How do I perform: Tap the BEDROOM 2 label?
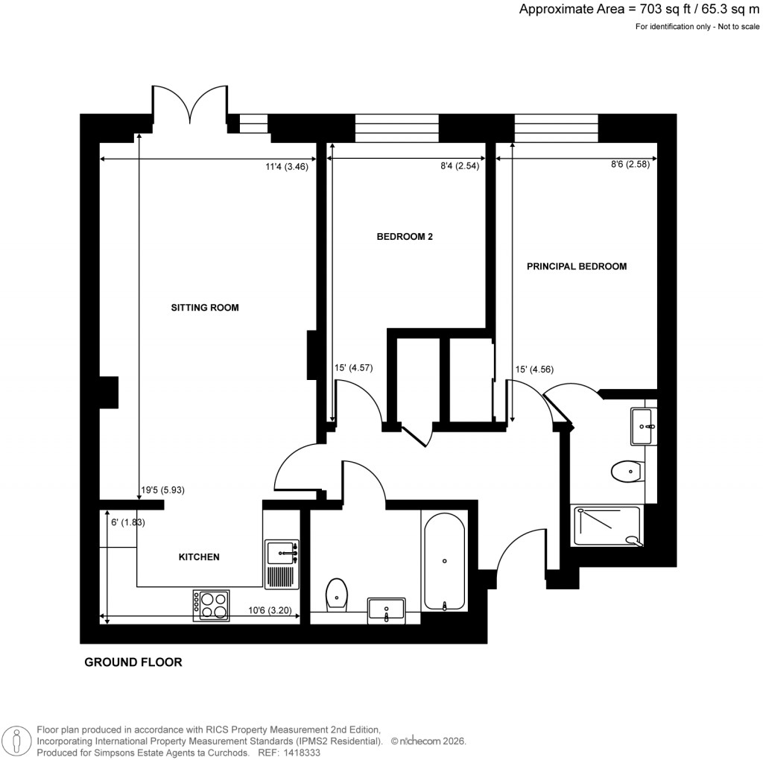[x=405, y=237]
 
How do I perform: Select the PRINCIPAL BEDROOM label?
[x=577, y=266]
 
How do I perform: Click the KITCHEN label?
[x=198, y=557]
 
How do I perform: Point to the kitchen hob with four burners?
[x=211, y=605]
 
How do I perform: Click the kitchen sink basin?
[x=282, y=551]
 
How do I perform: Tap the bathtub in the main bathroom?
[x=444, y=561]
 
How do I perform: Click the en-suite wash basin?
[x=644, y=426]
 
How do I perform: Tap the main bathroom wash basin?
[x=386, y=610]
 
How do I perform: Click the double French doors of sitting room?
[x=191, y=106]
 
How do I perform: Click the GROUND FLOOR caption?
[x=133, y=662]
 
